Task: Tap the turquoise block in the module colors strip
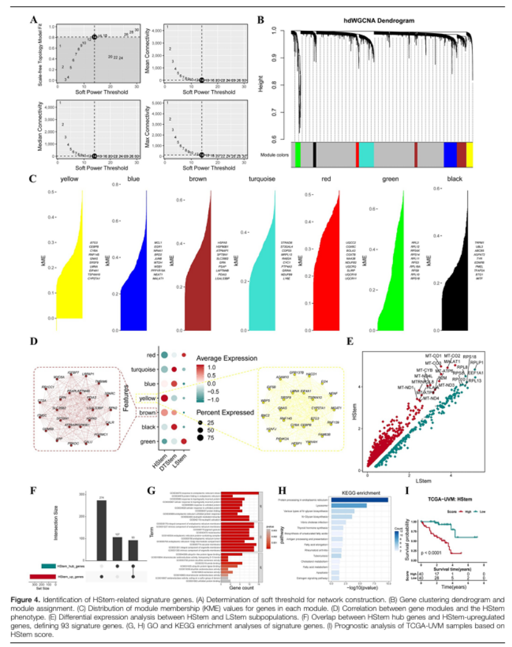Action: pyautogui.click(x=367, y=155)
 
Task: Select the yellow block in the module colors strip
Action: pyautogui.click(x=469, y=155)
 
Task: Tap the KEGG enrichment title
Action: pyautogui.click(x=360, y=494)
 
